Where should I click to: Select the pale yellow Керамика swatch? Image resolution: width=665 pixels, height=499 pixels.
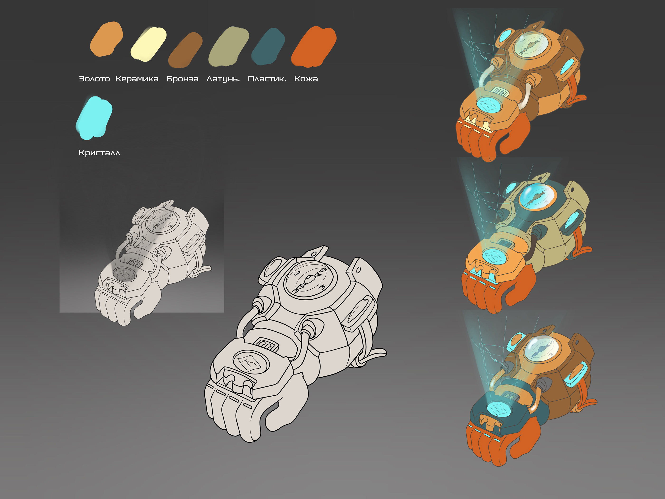point(148,44)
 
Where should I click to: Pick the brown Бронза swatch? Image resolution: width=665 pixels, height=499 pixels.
point(185,50)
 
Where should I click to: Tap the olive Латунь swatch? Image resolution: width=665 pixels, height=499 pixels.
point(228,47)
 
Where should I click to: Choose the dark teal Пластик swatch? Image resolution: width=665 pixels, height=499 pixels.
point(268,46)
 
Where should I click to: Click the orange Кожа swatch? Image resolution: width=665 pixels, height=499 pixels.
point(313,47)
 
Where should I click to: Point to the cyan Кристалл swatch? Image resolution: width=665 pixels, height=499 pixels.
point(94,118)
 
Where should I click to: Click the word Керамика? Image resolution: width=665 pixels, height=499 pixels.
point(137,79)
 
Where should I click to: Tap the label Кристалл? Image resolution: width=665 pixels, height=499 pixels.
point(99,153)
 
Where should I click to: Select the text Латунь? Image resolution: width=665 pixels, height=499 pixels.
point(223,79)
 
